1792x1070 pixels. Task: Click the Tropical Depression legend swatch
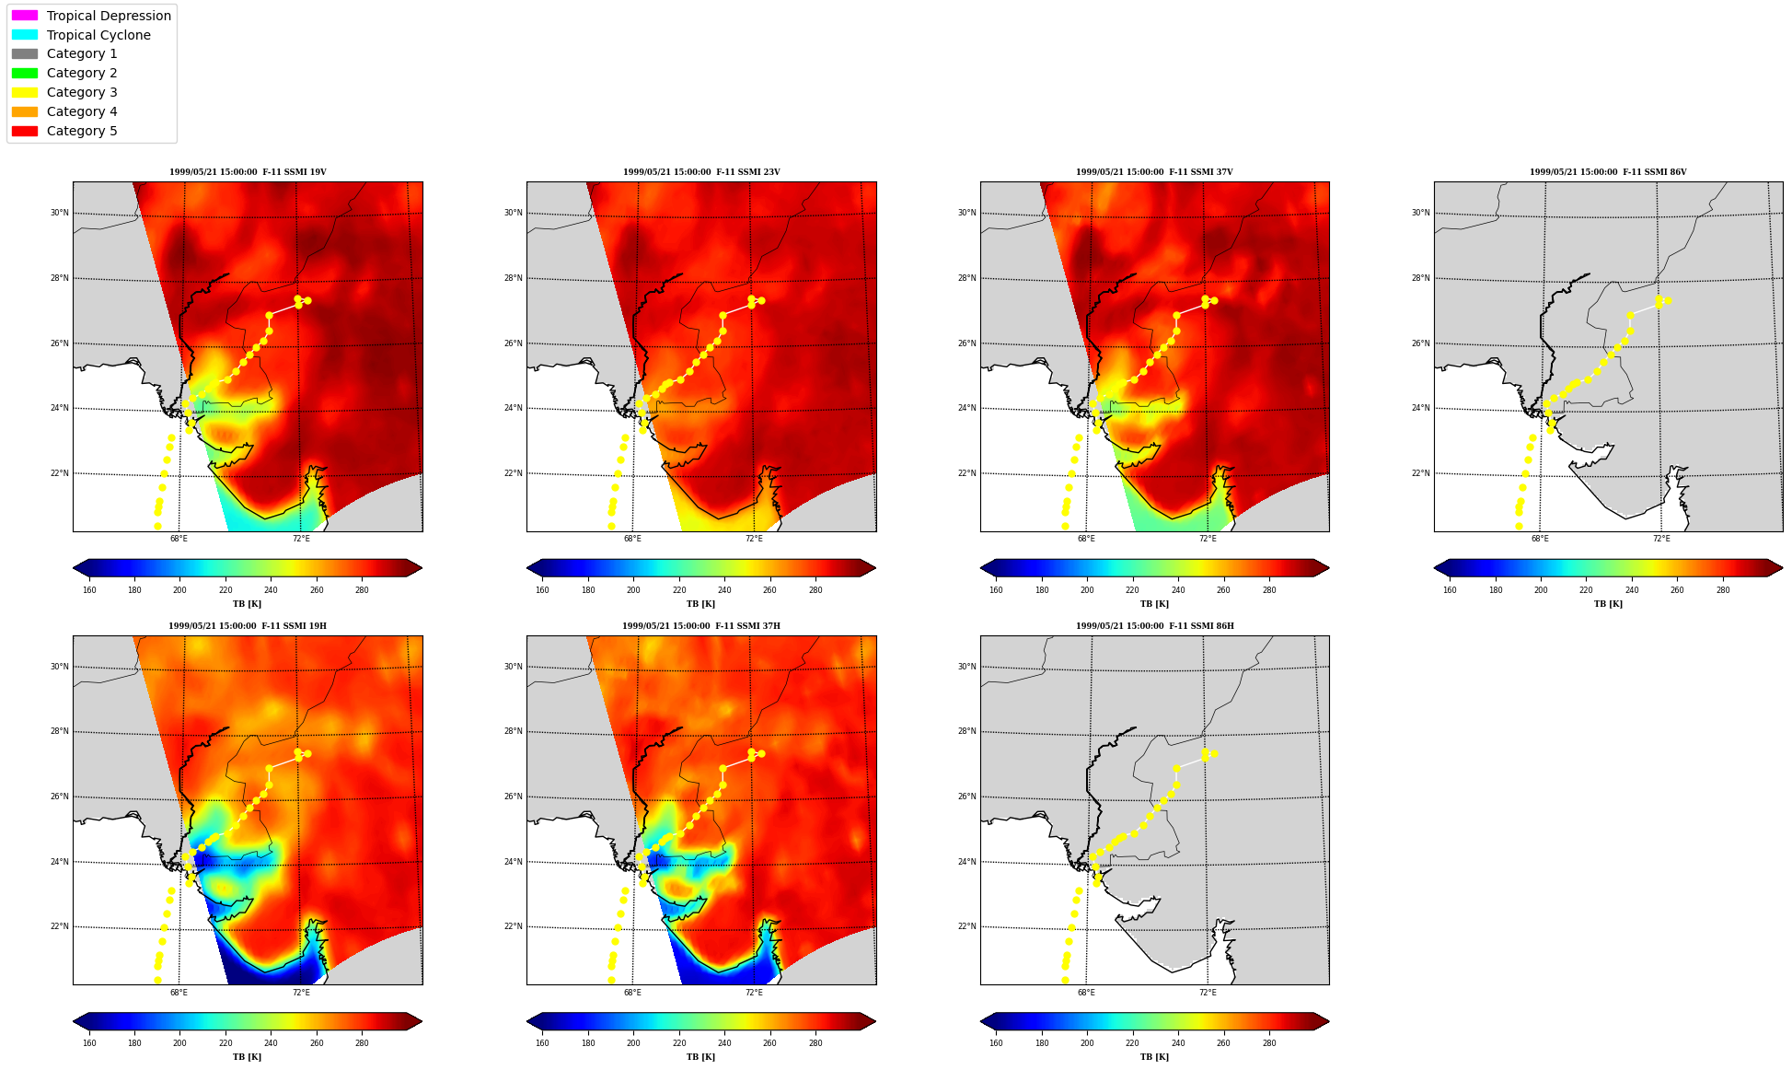(25, 16)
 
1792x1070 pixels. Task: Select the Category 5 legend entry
(64, 131)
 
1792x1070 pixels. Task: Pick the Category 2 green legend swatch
(25, 73)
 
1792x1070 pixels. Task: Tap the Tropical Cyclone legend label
(98, 35)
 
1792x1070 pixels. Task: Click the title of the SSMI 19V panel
(248, 172)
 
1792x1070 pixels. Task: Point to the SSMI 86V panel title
(1608, 172)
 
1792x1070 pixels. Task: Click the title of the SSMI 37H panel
(700, 626)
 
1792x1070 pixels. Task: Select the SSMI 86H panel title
(1154, 626)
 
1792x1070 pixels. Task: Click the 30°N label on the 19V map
(60, 213)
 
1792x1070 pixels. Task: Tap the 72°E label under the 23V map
(754, 539)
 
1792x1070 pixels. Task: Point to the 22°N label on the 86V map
(1421, 473)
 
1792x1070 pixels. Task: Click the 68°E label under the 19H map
(179, 993)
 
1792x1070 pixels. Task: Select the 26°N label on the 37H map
(514, 797)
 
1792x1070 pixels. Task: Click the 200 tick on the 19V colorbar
(179, 590)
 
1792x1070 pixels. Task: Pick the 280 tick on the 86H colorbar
(1268, 1044)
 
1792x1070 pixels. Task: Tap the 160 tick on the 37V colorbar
(996, 590)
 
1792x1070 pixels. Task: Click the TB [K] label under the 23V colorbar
(700, 604)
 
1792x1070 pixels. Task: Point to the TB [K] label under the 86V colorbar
(1608, 604)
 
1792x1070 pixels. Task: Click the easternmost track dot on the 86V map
(1668, 300)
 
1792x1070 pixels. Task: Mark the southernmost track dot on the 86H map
(1065, 980)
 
